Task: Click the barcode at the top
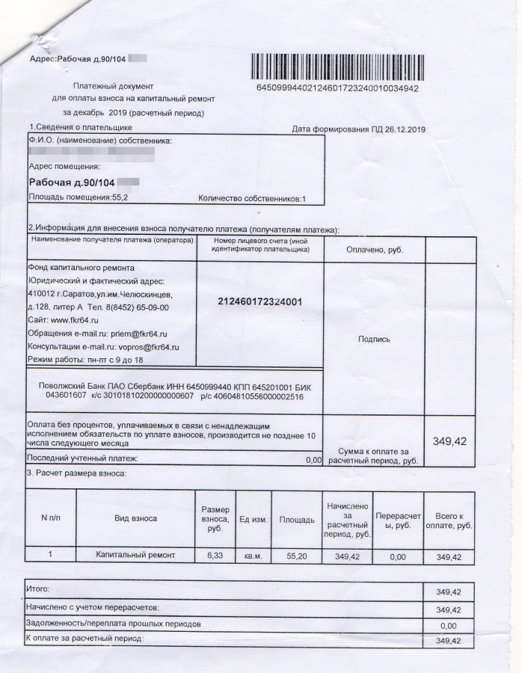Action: [337, 67]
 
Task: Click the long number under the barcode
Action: [337, 87]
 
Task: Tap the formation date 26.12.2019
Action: [400, 129]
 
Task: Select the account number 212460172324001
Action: [260, 301]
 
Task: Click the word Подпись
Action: [374, 339]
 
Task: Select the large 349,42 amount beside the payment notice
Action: [449, 441]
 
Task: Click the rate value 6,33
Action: [215, 556]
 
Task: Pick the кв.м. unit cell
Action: [253, 556]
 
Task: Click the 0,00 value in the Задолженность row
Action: [449, 625]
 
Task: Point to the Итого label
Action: [36, 591]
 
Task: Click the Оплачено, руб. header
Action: [374, 250]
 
